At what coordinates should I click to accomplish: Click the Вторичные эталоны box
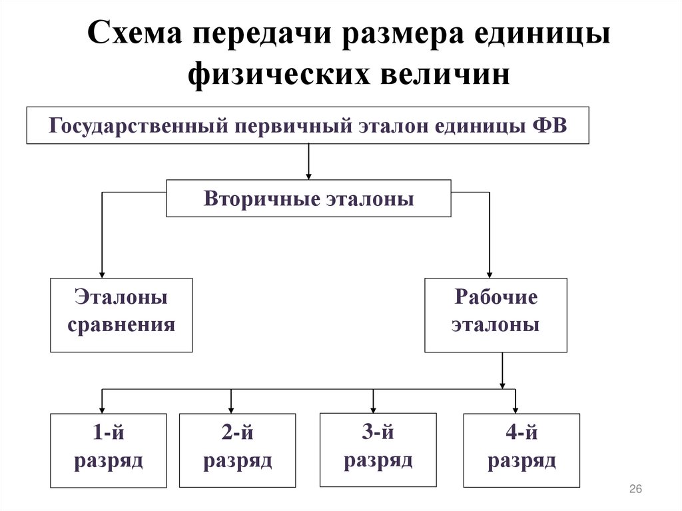[308, 199]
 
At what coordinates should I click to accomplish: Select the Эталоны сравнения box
[121, 315]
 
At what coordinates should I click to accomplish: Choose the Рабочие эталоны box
[496, 315]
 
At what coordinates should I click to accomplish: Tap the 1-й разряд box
[109, 450]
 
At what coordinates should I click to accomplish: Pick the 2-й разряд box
[238, 450]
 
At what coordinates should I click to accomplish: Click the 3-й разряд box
[378, 450]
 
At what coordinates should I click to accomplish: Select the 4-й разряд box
[521, 450]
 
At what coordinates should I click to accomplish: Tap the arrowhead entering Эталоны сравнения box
[102, 273]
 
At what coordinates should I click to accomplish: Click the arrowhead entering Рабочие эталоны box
[490, 273]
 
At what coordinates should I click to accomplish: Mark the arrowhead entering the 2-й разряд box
[231, 409]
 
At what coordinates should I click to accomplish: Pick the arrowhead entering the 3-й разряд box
[373, 408]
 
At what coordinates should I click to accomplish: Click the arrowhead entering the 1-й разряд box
[102, 409]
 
